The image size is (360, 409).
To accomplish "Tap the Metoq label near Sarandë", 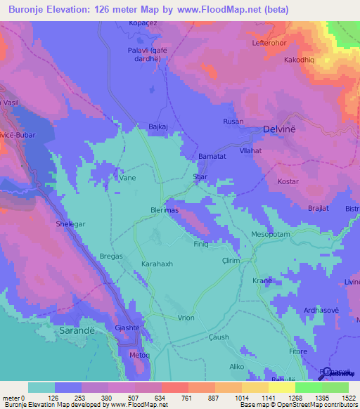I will click(x=139, y=356).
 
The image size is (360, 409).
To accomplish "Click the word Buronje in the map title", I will click(x=31, y=10).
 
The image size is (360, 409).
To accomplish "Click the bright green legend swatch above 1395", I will click(x=308, y=387).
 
